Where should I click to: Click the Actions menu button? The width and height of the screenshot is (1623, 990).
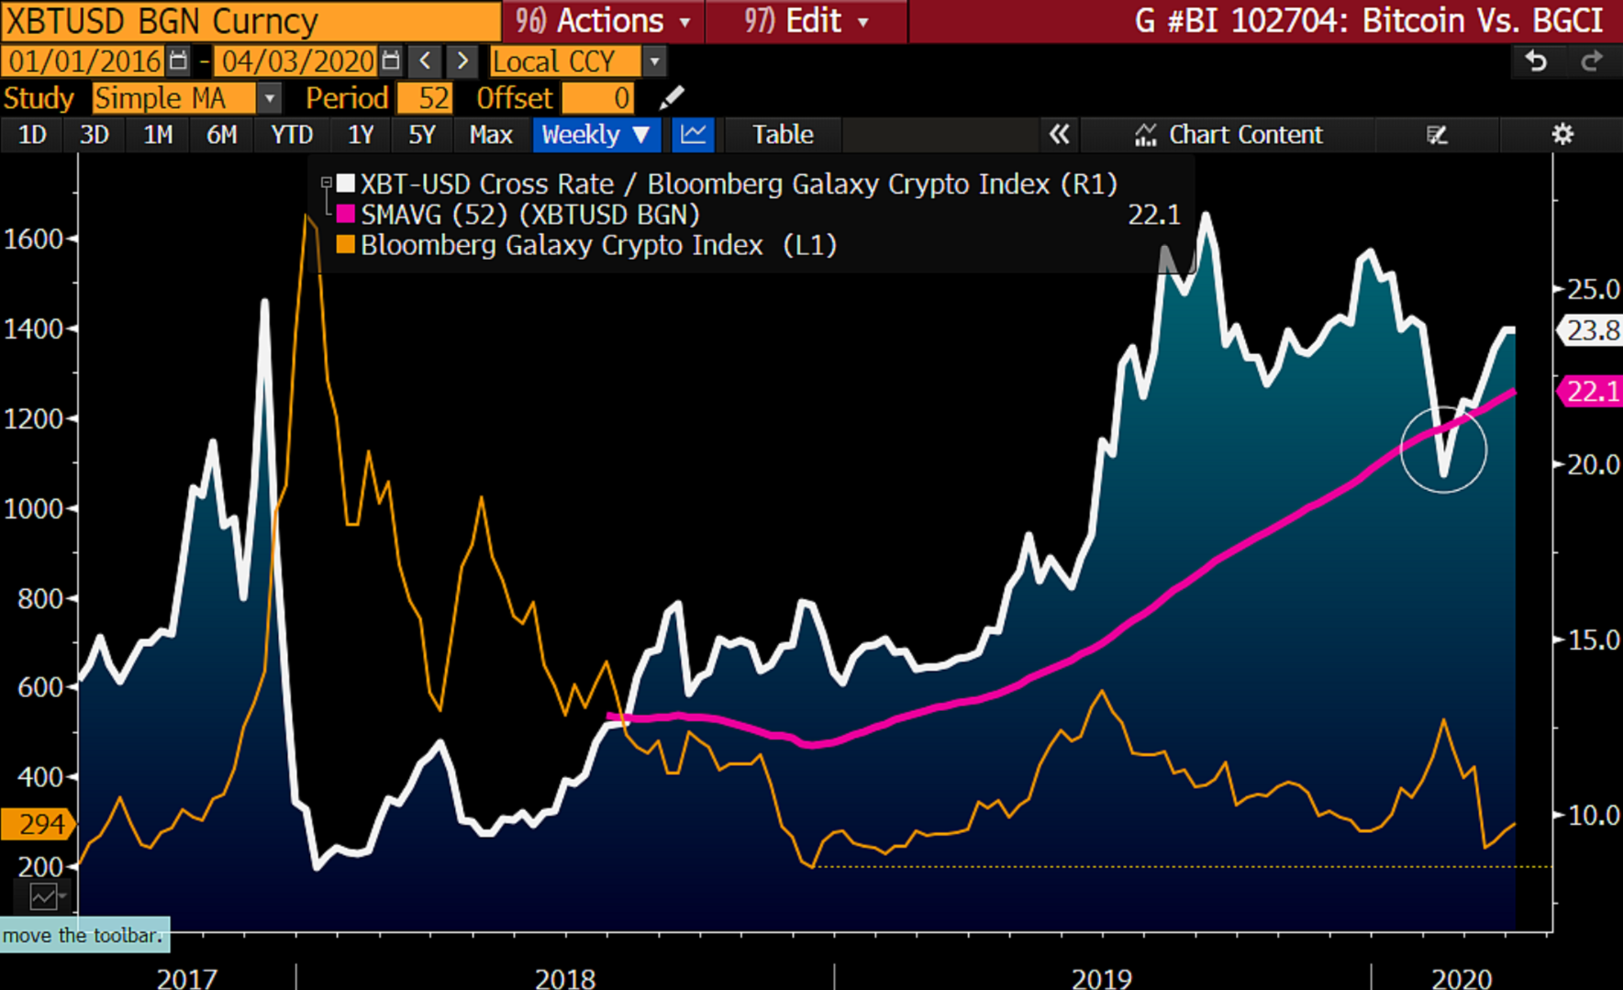pyautogui.click(x=604, y=20)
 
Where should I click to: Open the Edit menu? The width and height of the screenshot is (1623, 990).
pyautogui.click(x=806, y=20)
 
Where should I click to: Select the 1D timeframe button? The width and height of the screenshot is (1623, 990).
pyautogui.click(x=32, y=135)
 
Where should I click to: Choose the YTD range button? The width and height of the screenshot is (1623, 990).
pyautogui.click(x=292, y=135)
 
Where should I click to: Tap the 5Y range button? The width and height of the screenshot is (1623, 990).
pyautogui.click(x=421, y=135)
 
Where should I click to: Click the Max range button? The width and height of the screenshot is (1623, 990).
pyautogui.click(x=490, y=135)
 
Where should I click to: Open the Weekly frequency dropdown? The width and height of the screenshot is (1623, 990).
pyautogui.click(x=595, y=135)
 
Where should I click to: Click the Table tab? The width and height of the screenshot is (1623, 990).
pyautogui.click(x=783, y=135)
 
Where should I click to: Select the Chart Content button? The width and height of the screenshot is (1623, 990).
pyautogui.click(x=1229, y=135)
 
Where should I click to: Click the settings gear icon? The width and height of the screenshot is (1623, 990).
pyautogui.click(x=1562, y=135)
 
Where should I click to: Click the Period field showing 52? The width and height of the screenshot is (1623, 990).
pyautogui.click(x=426, y=98)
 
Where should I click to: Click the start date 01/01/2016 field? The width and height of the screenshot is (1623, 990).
pyautogui.click(x=85, y=61)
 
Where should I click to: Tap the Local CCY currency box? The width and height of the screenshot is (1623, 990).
pyautogui.click(x=565, y=61)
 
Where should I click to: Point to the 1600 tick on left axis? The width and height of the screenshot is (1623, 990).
pyautogui.click(x=34, y=239)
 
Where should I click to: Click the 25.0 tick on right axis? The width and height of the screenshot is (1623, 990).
pyautogui.click(x=1593, y=290)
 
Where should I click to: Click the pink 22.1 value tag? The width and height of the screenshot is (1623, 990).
pyautogui.click(x=1592, y=392)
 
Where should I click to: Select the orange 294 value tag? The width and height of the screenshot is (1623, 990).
pyautogui.click(x=37, y=824)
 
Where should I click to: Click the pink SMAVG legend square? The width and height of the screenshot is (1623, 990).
pyautogui.click(x=346, y=215)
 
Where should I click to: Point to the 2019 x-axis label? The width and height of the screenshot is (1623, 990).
pyautogui.click(x=1101, y=978)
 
